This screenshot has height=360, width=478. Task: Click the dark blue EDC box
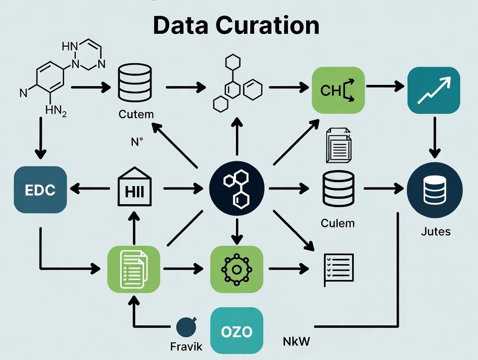coord(40,190)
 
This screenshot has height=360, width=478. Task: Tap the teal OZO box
coord(236,331)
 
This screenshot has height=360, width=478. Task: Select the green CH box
coord(338,90)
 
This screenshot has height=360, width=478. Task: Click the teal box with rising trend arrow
coord(434,90)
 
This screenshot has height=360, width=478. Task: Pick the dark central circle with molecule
coord(236,189)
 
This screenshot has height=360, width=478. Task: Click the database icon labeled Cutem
coord(136,84)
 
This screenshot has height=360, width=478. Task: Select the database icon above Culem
coord(338,189)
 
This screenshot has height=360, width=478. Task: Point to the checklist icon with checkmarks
coord(339,269)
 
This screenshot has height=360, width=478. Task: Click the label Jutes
coord(436,231)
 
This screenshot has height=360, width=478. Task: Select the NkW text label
coord(297,341)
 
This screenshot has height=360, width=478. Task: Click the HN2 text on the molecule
coord(56,112)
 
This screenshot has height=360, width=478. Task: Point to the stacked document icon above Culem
coord(338,145)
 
